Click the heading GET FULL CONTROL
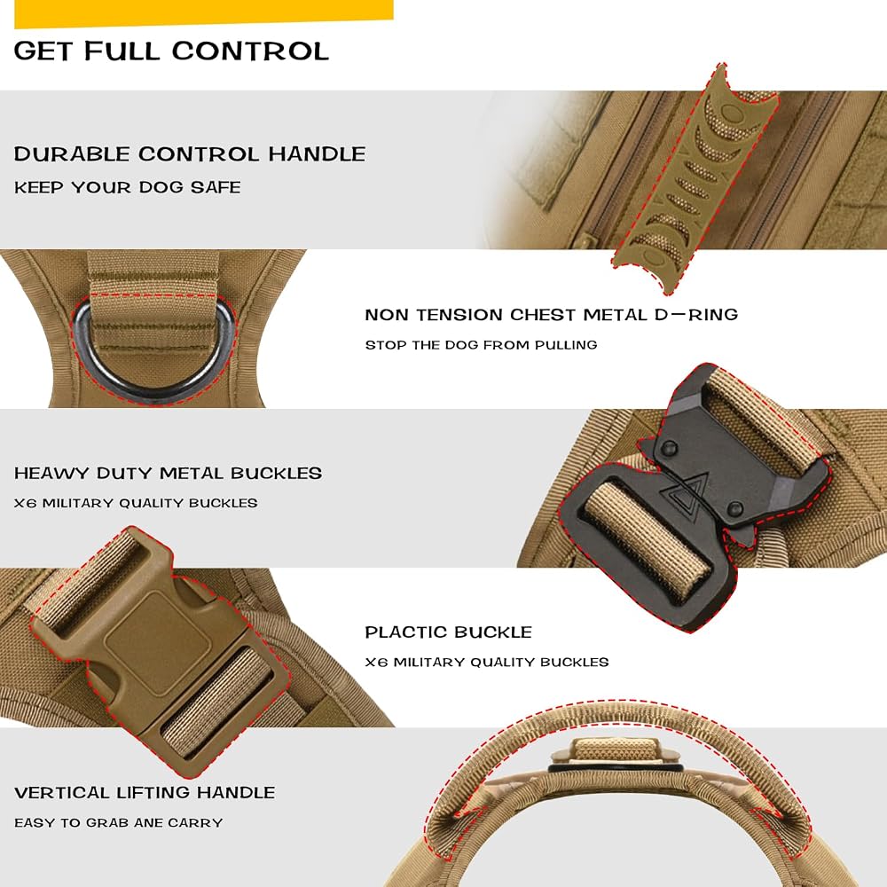pyautogui.click(x=171, y=51)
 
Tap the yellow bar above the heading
pyautogui.click(x=204, y=12)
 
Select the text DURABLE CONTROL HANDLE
pyautogui.click(x=190, y=153)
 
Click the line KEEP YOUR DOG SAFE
pyautogui.click(x=127, y=187)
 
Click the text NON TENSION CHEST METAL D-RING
pyautogui.click(x=552, y=315)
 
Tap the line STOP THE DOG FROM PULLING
pyautogui.click(x=481, y=345)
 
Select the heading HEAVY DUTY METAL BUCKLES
pyautogui.click(x=168, y=473)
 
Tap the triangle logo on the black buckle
pyautogui.click(x=682, y=491)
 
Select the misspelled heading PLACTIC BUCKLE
pyautogui.click(x=449, y=632)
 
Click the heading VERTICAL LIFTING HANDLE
pyautogui.click(x=145, y=792)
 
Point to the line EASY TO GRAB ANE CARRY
pyautogui.click(x=118, y=822)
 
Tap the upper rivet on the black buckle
pyautogui.click(x=669, y=447)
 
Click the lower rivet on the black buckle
pyautogui.click(x=734, y=507)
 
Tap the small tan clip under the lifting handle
pyautogui.click(x=614, y=753)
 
